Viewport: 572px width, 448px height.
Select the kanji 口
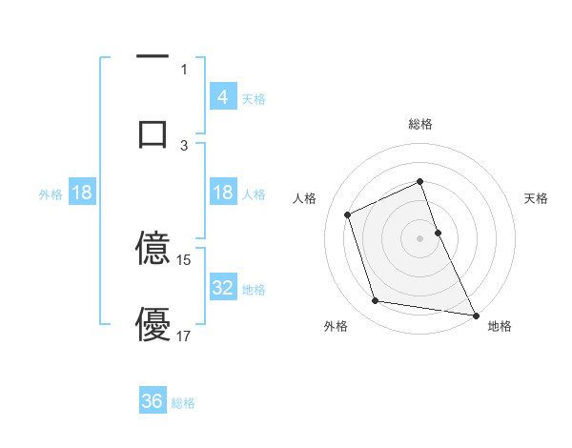[x=153, y=132]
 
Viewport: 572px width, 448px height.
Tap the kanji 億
[x=153, y=248]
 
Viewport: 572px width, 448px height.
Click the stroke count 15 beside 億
[x=184, y=259]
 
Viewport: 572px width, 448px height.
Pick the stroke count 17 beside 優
[x=184, y=336]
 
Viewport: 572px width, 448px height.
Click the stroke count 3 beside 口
[x=184, y=145]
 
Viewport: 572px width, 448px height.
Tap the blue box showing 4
[x=222, y=96]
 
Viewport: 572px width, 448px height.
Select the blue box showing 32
[x=222, y=288]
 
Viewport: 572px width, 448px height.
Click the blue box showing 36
[x=153, y=401]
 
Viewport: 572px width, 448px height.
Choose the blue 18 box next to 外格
[x=82, y=193]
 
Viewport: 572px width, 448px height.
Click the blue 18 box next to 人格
[x=222, y=193]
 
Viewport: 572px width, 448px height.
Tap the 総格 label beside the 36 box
[x=183, y=403]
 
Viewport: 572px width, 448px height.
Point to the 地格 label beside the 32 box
[x=254, y=290]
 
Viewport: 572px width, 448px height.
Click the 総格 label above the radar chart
[x=420, y=124]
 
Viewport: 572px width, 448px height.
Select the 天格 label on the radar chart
[x=536, y=198]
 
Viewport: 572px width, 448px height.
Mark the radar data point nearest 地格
[x=476, y=315]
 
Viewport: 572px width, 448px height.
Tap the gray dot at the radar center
[x=420, y=237]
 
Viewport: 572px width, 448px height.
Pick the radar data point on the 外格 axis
[x=376, y=301]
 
